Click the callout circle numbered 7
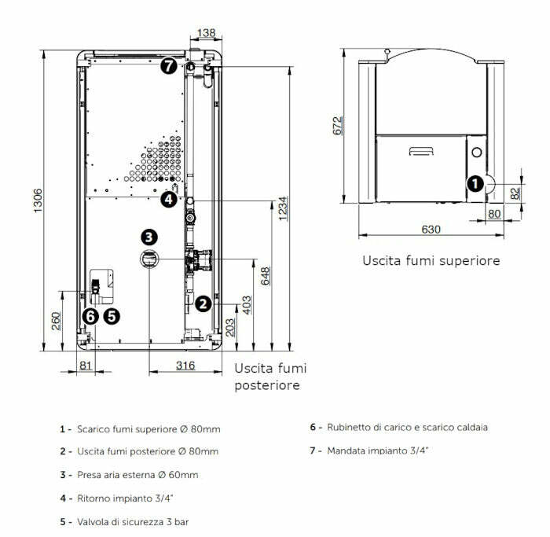click(168, 65)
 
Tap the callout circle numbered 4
click(169, 200)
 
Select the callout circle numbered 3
click(149, 237)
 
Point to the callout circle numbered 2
click(203, 303)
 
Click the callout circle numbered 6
click(90, 316)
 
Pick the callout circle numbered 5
click(112, 316)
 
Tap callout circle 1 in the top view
click(475, 184)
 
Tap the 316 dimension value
click(185, 366)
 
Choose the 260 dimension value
click(56, 322)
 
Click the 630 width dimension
click(431, 229)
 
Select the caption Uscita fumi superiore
click(431, 260)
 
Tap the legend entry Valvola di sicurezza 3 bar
click(133, 521)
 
